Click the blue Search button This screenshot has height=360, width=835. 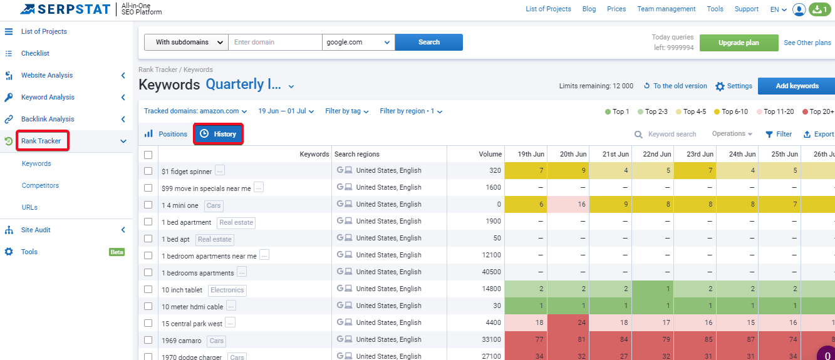click(x=428, y=42)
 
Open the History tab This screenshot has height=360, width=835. click(x=218, y=134)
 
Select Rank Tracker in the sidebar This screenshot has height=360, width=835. click(x=41, y=141)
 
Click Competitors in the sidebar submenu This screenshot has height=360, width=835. click(x=40, y=185)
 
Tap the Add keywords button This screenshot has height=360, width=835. click(x=797, y=86)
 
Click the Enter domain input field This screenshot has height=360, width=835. click(x=275, y=42)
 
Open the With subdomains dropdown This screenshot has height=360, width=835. click(x=186, y=42)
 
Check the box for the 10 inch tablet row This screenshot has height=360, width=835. click(x=148, y=289)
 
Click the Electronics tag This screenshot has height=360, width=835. click(x=227, y=290)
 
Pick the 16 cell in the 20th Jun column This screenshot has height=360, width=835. click(x=568, y=204)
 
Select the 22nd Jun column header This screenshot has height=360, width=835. click(x=657, y=154)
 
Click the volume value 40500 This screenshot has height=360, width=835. click(x=491, y=272)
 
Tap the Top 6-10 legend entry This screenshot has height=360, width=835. click(x=731, y=111)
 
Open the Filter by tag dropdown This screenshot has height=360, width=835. click(x=346, y=111)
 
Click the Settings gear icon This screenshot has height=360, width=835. click(x=720, y=86)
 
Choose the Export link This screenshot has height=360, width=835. click(x=819, y=134)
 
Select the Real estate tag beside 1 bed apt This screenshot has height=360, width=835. click(x=215, y=239)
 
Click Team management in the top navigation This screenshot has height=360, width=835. click(x=666, y=9)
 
